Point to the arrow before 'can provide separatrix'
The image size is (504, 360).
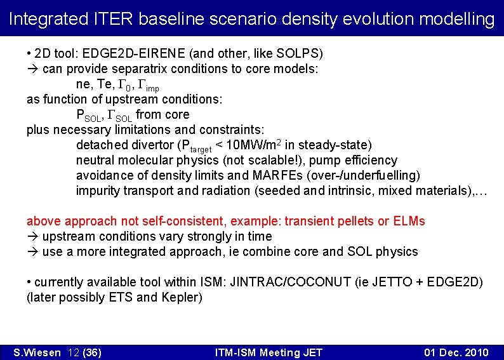(x=32, y=69)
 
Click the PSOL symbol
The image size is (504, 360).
(x=88, y=115)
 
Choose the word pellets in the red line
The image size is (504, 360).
(x=355, y=221)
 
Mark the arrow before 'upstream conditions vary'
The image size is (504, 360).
(x=32, y=236)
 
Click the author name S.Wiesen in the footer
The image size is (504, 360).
(x=36, y=352)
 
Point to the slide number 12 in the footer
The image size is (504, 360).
(x=72, y=352)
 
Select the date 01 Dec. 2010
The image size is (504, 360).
(x=456, y=352)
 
